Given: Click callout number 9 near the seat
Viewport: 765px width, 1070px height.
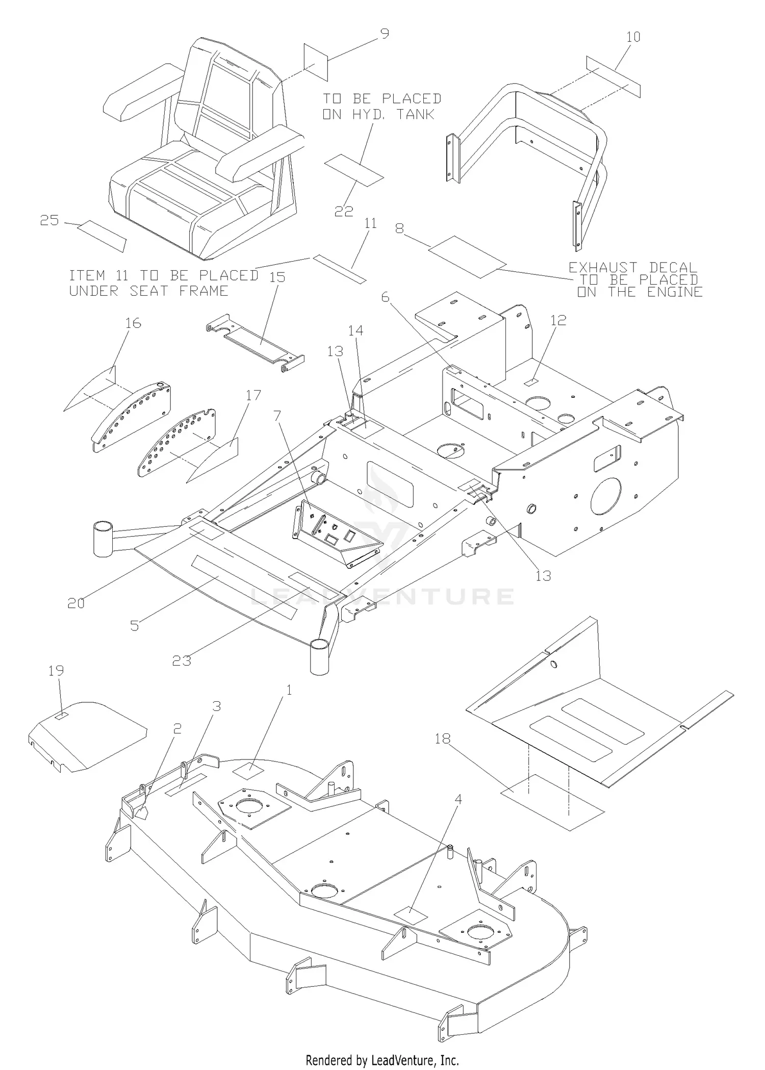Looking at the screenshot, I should pos(385,34).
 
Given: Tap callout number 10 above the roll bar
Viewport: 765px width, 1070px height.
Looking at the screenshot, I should pos(633,37).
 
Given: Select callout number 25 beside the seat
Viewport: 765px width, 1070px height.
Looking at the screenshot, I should pos(50,221).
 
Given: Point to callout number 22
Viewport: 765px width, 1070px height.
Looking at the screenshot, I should pos(344,211).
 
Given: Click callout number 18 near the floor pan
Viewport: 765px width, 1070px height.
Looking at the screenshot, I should pos(443,738).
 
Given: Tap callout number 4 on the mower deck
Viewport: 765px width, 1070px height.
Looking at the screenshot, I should pos(458,799).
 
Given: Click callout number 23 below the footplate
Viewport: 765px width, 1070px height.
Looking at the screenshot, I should pos(182,660).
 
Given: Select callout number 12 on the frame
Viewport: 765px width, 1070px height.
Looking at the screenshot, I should pos(559,320).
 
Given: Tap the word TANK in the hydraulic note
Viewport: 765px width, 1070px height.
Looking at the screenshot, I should pos(415,115).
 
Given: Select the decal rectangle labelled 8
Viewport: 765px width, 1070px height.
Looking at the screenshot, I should pos(468,257).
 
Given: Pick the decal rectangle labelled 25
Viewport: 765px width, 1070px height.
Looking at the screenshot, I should pos(101,236).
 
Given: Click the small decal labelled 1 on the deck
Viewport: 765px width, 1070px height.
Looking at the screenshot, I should pos(248,771).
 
